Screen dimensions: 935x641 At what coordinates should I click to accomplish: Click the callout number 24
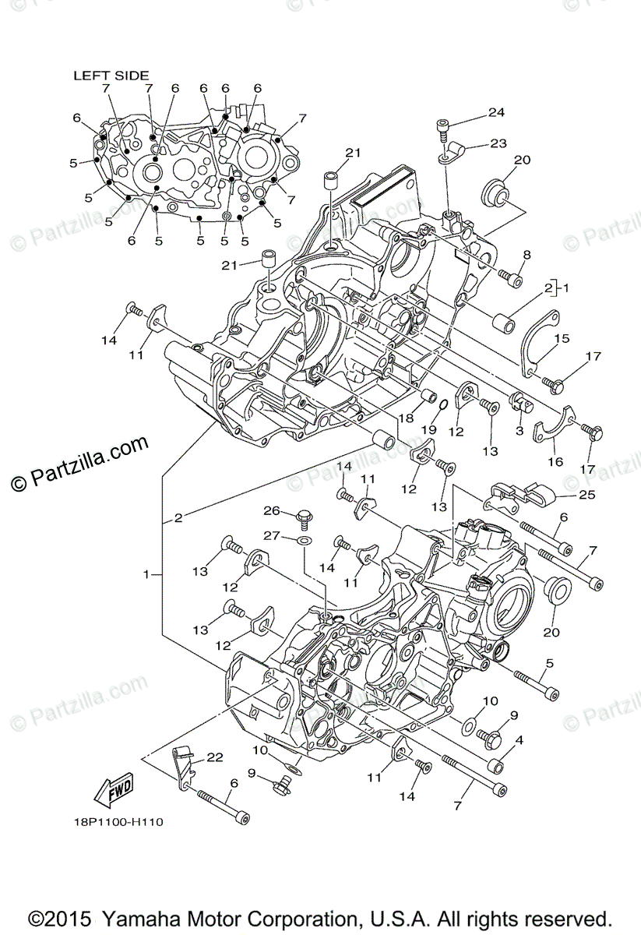[x=496, y=112]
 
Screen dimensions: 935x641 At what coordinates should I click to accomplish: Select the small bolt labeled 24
[x=443, y=125]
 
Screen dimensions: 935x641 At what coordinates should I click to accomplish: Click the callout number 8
[x=527, y=255]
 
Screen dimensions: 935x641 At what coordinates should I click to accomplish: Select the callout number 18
[x=405, y=418]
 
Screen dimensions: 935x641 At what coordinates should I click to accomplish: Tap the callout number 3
[x=518, y=431]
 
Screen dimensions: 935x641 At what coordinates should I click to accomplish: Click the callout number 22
[x=215, y=757]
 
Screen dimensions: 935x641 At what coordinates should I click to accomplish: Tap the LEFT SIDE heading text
[x=111, y=76]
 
